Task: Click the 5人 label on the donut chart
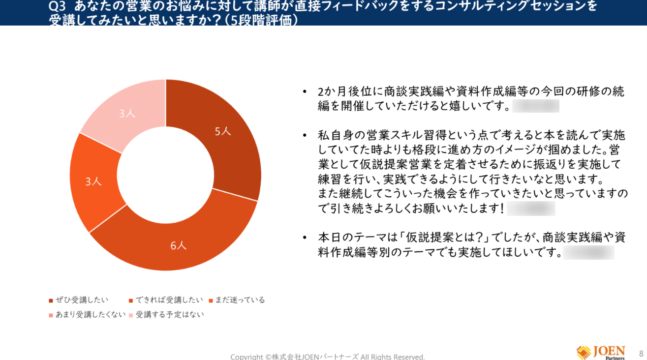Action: [x=222, y=131]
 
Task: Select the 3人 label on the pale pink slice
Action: [x=127, y=114]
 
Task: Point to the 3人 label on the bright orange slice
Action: [x=93, y=181]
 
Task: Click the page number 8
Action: [x=641, y=353]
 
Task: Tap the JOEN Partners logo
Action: [x=601, y=352]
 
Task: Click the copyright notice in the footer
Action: [x=327, y=357]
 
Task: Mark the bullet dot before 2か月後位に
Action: [x=306, y=92]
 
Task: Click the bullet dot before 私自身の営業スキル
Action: [x=306, y=135]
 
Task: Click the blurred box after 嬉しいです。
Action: [x=535, y=106]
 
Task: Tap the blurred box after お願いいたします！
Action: [x=531, y=209]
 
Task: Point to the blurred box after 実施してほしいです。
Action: [x=589, y=253]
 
